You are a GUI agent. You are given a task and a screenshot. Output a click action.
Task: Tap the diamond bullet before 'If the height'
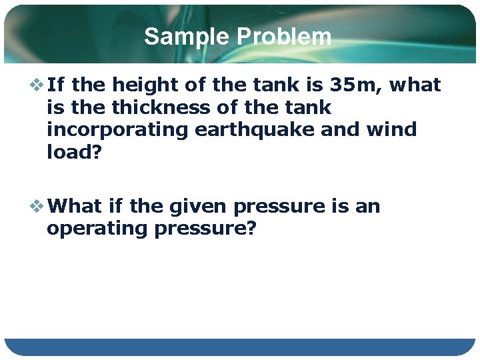[x=37, y=85]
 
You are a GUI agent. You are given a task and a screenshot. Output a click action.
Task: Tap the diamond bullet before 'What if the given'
[x=37, y=206]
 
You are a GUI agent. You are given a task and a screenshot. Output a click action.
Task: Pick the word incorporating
[x=118, y=129]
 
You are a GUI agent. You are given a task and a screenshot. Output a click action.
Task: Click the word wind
[x=391, y=129]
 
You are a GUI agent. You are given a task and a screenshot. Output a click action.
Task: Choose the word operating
[x=97, y=228]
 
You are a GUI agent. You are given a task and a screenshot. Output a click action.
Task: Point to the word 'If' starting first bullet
[x=56, y=85]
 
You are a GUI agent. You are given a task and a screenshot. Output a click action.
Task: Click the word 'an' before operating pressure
[x=367, y=206]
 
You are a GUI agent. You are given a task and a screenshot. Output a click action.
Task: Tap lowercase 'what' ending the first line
[x=415, y=85]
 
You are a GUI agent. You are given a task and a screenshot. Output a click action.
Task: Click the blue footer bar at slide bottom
[x=240, y=347]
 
